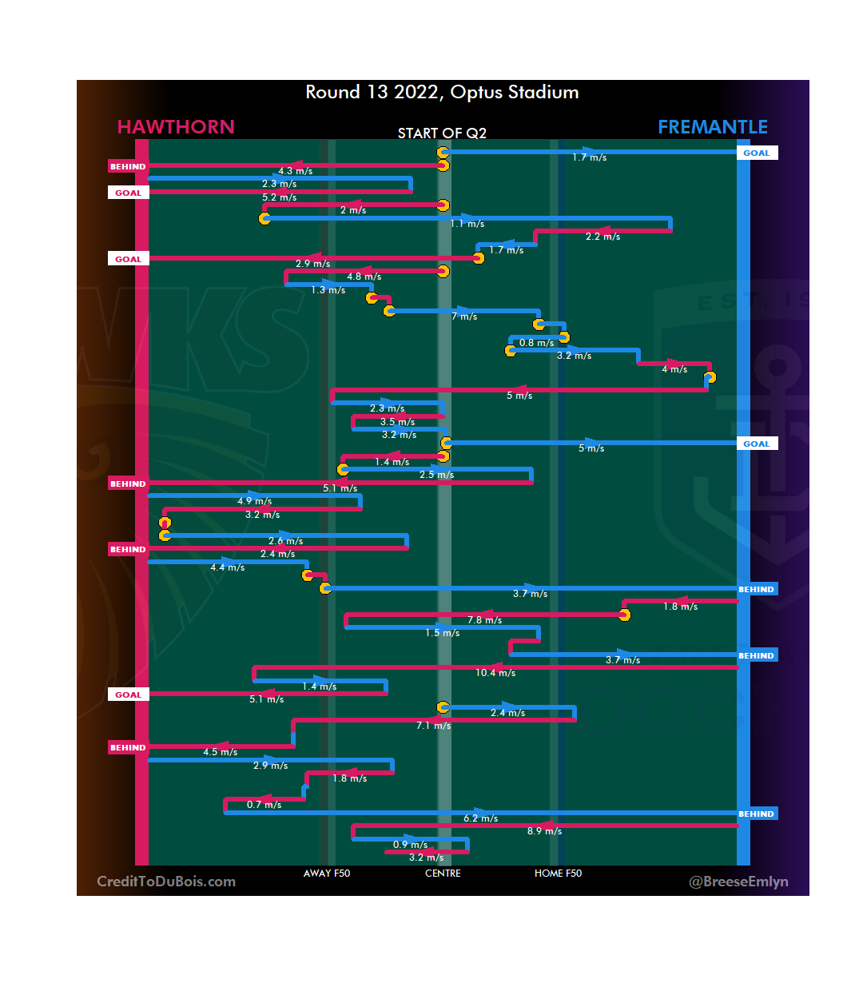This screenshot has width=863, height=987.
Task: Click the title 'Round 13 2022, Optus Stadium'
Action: click(x=442, y=93)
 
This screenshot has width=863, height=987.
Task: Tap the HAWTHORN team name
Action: click(x=176, y=127)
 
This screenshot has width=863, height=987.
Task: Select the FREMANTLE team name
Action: click(x=712, y=127)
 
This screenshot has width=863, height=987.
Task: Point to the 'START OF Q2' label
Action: click(x=442, y=133)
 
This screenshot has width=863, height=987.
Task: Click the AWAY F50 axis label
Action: click(x=326, y=874)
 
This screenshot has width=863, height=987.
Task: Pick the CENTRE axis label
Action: click(x=443, y=874)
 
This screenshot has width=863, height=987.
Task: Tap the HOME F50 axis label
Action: click(x=558, y=874)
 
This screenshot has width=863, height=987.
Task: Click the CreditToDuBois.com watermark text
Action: click(x=166, y=882)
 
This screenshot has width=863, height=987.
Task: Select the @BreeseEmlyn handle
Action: click(x=738, y=882)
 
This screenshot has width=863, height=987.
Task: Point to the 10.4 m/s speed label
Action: click(x=495, y=673)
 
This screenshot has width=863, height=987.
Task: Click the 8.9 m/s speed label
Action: click(x=544, y=831)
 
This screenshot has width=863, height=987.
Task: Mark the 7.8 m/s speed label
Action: click(x=485, y=620)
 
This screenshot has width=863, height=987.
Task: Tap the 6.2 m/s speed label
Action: click(x=480, y=818)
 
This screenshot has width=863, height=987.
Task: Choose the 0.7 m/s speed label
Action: click(x=264, y=805)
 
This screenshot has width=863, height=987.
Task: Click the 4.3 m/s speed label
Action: click(x=295, y=171)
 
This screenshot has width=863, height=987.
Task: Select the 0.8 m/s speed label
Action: click(x=536, y=343)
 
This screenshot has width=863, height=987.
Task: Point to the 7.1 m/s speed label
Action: click(x=433, y=726)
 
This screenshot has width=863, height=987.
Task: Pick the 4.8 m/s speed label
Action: click(x=364, y=277)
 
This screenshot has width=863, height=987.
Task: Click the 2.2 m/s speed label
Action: click(x=603, y=237)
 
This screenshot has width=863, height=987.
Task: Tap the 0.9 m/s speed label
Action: click(x=410, y=845)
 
